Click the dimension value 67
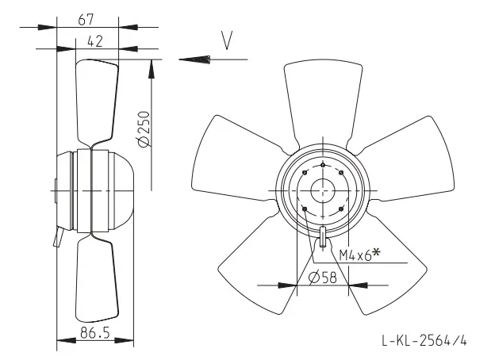click(86, 19)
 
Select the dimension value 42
click(94, 41)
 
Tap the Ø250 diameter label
click(144, 128)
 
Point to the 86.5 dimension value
click(94, 332)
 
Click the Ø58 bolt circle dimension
click(323, 278)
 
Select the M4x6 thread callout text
click(355, 255)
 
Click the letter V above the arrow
click(227, 40)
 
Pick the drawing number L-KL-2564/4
click(424, 341)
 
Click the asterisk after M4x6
click(376, 252)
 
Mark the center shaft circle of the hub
click(323, 191)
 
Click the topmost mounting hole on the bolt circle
click(323, 165)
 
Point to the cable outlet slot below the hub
click(323, 236)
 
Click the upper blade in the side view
click(97, 102)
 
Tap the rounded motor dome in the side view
click(121, 191)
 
